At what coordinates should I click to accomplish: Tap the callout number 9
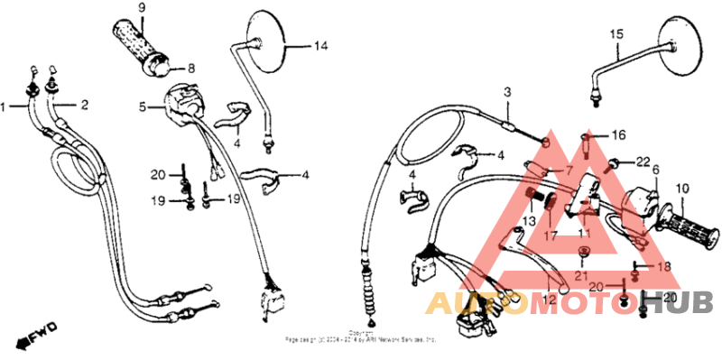tap(142, 8)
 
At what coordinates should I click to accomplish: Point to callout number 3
tap(507, 93)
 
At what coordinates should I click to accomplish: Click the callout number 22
tap(643, 162)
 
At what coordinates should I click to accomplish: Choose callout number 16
tap(617, 135)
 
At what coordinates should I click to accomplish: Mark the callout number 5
tap(142, 106)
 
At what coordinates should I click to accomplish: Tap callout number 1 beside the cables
tap(4, 106)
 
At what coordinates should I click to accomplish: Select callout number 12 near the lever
tap(549, 296)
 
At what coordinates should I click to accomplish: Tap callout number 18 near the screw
tap(665, 267)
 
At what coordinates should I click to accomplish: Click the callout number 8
tap(190, 69)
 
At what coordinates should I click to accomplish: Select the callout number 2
tap(85, 105)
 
